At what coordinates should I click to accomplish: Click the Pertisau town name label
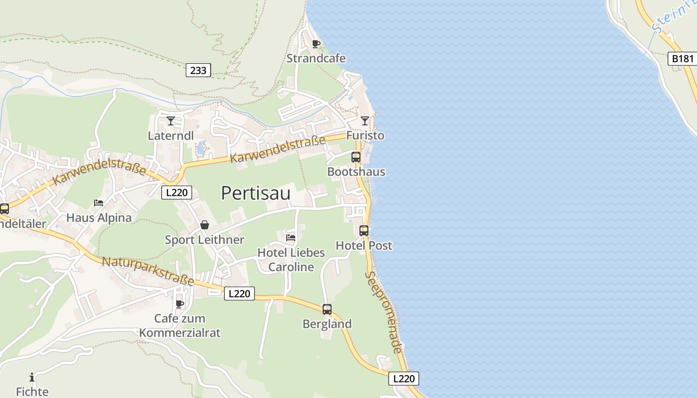click(x=255, y=193)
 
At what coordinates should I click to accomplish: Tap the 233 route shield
click(x=198, y=70)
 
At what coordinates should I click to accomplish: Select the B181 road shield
click(x=682, y=59)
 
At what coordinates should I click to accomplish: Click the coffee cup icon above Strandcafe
click(x=316, y=44)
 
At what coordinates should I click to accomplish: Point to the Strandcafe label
click(x=316, y=58)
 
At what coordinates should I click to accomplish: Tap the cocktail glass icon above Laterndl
click(x=171, y=121)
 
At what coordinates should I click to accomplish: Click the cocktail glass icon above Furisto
click(x=365, y=121)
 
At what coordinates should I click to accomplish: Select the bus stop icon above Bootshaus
click(x=356, y=157)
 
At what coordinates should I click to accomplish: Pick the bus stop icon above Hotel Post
click(x=364, y=231)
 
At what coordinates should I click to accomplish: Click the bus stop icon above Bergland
click(x=327, y=309)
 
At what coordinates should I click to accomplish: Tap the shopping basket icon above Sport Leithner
click(x=205, y=225)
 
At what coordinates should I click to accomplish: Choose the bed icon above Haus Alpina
click(x=99, y=203)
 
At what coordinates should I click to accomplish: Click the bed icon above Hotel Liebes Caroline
click(x=291, y=238)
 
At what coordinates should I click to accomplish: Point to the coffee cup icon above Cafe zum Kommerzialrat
click(x=180, y=304)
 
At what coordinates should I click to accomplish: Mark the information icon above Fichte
click(x=32, y=377)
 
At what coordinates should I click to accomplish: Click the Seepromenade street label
click(x=383, y=312)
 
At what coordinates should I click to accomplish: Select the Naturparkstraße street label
click(x=148, y=271)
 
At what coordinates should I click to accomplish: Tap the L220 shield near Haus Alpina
click(x=177, y=193)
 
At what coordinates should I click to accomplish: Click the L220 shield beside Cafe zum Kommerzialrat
click(x=239, y=294)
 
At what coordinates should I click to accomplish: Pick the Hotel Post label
click(x=364, y=245)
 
